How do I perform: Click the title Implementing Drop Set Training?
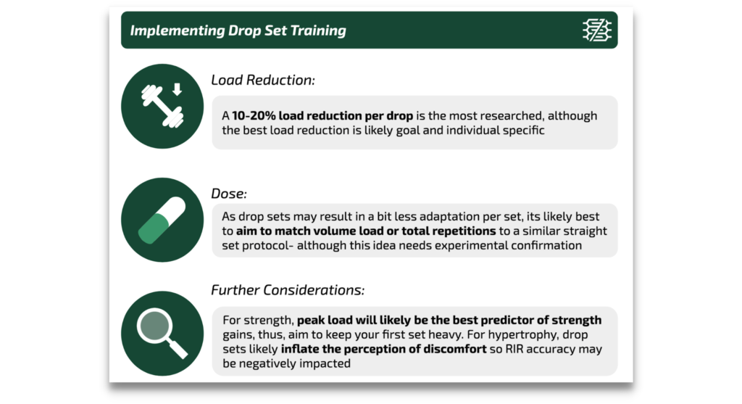pyautogui.click(x=238, y=30)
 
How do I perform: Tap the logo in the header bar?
pyautogui.click(x=597, y=30)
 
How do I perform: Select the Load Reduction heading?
pyautogui.click(x=262, y=80)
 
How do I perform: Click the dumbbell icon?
pyautogui.click(x=162, y=106)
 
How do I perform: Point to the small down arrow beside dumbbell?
pyautogui.click(x=177, y=89)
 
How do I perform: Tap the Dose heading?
pyautogui.click(x=228, y=194)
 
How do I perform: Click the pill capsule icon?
pyautogui.click(x=162, y=220)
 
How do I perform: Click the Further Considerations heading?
pyautogui.click(x=288, y=290)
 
